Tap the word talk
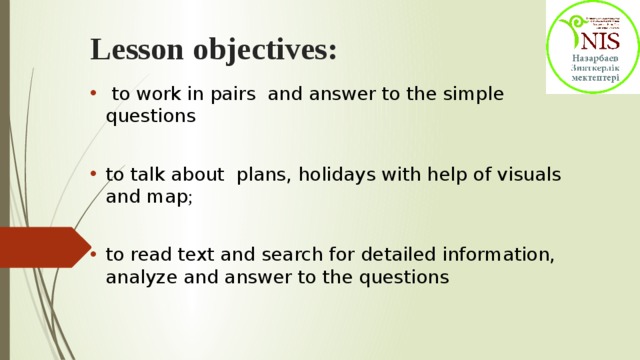click(147, 174)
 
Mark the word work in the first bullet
click(154, 94)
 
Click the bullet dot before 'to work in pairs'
click(93, 95)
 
